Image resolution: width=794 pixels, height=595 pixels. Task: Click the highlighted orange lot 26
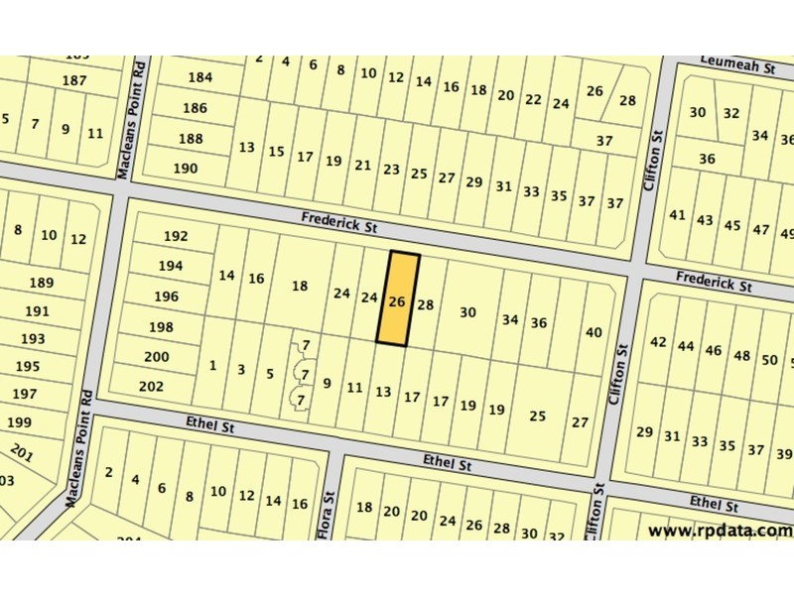(398, 301)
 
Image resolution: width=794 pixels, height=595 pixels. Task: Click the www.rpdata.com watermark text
(720, 531)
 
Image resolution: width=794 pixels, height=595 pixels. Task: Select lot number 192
(175, 237)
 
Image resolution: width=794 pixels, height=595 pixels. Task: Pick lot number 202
(152, 387)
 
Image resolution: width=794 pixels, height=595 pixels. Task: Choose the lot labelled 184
(199, 77)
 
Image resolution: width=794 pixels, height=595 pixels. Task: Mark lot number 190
(185, 169)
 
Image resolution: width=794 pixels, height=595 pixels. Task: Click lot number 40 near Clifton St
(594, 332)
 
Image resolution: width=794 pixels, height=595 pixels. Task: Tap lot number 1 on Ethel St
(212, 366)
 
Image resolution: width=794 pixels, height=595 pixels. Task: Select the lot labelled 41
(678, 215)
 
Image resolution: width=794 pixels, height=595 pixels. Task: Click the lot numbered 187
(74, 80)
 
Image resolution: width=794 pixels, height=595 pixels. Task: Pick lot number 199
(18, 422)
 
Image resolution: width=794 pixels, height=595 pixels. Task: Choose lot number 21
(363, 166)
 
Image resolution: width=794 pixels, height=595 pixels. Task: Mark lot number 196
(166, 297)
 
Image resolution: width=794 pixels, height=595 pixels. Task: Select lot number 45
(732, 225)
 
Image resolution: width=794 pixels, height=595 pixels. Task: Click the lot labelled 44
(686, 347)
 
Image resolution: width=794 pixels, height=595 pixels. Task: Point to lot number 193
(33, 339)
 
